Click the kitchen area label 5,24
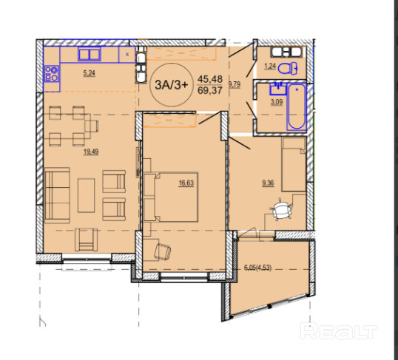coord(89,73)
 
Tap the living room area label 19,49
coord(91,152)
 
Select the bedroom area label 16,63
coord(186,183)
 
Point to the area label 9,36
coord(268,183)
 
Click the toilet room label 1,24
coord(270,67)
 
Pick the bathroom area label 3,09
coord(277,102)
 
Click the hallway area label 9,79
coord(235,84)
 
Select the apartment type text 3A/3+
coord(172,85)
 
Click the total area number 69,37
coord(210,90)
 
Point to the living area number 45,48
coord(210,79)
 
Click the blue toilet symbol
coord(288,68)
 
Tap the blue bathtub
coord(296,106)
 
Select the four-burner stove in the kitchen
coord(51,74)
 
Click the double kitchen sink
coord(90,54)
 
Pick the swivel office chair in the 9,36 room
coord(281,210)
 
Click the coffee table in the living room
coord(86,195)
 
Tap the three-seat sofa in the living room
coord(57,195)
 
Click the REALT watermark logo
coord(339,330)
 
